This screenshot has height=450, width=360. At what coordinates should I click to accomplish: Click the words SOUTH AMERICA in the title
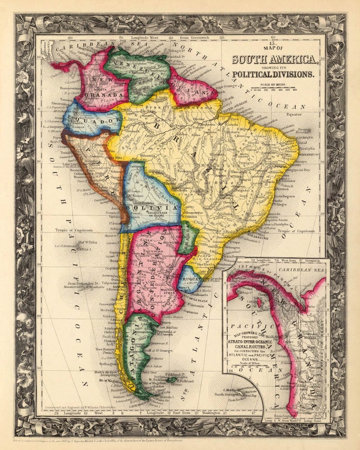tap(275, 59)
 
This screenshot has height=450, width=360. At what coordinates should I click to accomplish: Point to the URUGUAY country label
tap(189, 276)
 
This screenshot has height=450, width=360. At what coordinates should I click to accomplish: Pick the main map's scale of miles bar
tap(277, 89)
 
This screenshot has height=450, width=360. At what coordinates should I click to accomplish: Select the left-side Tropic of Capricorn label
tap(75, 231)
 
